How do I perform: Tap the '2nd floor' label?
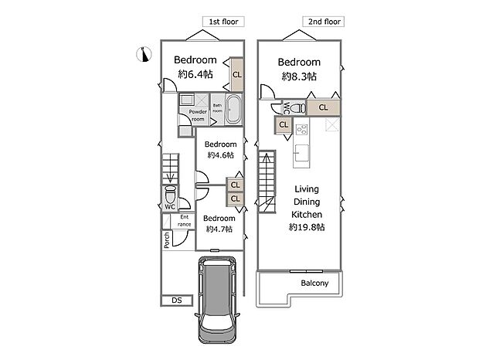325,22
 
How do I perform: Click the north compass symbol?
144,53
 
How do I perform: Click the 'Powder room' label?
197,115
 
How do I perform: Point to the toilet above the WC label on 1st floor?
170,194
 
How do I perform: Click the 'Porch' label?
167,240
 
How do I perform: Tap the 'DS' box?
176,301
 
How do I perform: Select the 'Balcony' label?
314,284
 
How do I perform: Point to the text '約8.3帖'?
299,76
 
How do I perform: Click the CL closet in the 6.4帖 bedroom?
236,75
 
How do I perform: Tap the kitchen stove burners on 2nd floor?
302,130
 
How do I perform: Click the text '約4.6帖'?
220,156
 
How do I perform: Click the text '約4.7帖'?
219,230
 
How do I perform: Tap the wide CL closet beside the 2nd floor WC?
323,107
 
